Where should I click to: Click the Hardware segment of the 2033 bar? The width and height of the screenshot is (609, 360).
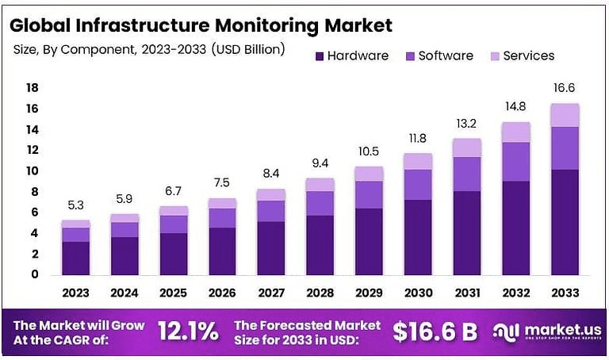pos(565,222)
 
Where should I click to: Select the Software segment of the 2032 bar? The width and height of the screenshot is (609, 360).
pos(515,162)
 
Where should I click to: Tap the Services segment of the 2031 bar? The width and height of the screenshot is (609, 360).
pos(467,147)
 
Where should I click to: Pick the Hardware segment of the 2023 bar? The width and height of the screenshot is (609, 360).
pos(75,258)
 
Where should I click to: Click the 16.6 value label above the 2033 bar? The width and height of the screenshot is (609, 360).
pos(565,88)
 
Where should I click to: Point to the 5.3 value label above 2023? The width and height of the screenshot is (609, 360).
pos(75,205)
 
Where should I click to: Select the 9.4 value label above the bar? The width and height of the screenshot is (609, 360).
pos(320,163)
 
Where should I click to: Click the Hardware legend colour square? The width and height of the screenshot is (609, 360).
pos(320,56)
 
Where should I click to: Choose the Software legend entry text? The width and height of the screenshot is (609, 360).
pos(446,56)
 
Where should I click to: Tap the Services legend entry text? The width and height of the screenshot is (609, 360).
pos(529,56)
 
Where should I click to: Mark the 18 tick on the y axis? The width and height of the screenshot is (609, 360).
pos(33,87)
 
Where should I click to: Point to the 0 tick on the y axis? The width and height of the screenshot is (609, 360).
pos(35,274)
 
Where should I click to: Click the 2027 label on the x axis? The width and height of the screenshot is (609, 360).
pos(271,293)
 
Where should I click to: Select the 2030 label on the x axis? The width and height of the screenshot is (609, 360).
pos(418,293)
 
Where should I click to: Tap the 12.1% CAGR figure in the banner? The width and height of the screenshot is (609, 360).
pos(188,331)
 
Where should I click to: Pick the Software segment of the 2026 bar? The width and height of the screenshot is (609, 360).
pos(222,218)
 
